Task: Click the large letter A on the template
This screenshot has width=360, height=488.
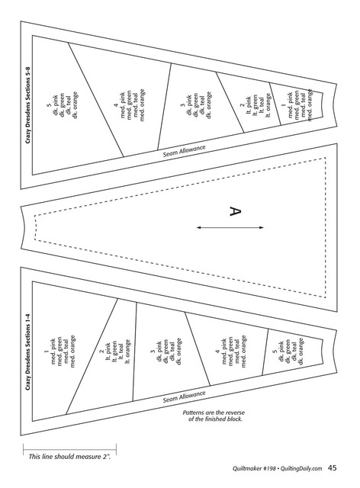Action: click(235, 211)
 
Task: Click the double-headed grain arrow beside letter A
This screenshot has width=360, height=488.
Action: click(230, 227)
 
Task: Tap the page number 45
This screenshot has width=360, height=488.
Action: click(333, 467)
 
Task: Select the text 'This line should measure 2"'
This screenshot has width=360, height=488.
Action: click(69, 457)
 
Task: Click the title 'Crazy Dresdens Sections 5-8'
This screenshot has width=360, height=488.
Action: click(28, 105)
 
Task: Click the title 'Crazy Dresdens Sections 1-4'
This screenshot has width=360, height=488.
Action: click(28, 352)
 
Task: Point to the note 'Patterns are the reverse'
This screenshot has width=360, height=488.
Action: click(214, 413)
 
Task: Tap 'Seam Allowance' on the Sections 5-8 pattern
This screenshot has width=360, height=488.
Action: click(185, 151)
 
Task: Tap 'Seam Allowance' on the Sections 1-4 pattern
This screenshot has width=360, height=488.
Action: click(185, 396)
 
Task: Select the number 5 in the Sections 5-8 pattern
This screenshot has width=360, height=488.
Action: click(49, 106)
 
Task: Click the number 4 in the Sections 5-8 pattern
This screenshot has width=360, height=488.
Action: click(116, 106)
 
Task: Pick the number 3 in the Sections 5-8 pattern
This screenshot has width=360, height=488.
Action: click(182, 105)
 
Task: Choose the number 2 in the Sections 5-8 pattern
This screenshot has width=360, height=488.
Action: click(242, 105)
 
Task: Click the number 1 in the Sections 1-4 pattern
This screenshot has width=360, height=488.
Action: click(47, 352)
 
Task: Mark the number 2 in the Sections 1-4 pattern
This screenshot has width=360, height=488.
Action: click(101, 352)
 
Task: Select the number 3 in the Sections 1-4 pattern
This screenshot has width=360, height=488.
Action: click(153, 352)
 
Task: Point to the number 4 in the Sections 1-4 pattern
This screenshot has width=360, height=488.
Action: click(217, 352)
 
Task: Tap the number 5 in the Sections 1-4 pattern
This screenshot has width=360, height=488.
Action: click(275, 352)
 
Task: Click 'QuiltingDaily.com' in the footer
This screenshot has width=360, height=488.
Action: click(301, 468)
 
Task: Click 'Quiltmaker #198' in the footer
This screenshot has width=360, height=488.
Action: click(254, 468)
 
